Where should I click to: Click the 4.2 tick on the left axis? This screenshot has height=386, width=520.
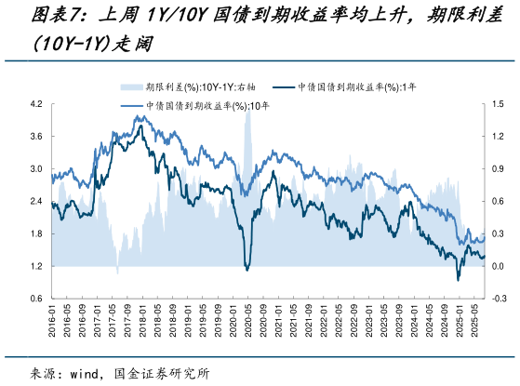pyautogui.click(x=35, y=104)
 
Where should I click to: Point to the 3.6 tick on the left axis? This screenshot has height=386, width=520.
pyautogui.click(x=35, y=137)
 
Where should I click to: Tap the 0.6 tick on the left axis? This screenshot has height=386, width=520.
pyautogui.click(x=35, y=299)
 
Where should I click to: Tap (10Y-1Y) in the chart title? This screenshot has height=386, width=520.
pyautogui.click(x=70, y=44)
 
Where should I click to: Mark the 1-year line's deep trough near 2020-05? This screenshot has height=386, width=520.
pyautogui.click(x=247, y=270)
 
